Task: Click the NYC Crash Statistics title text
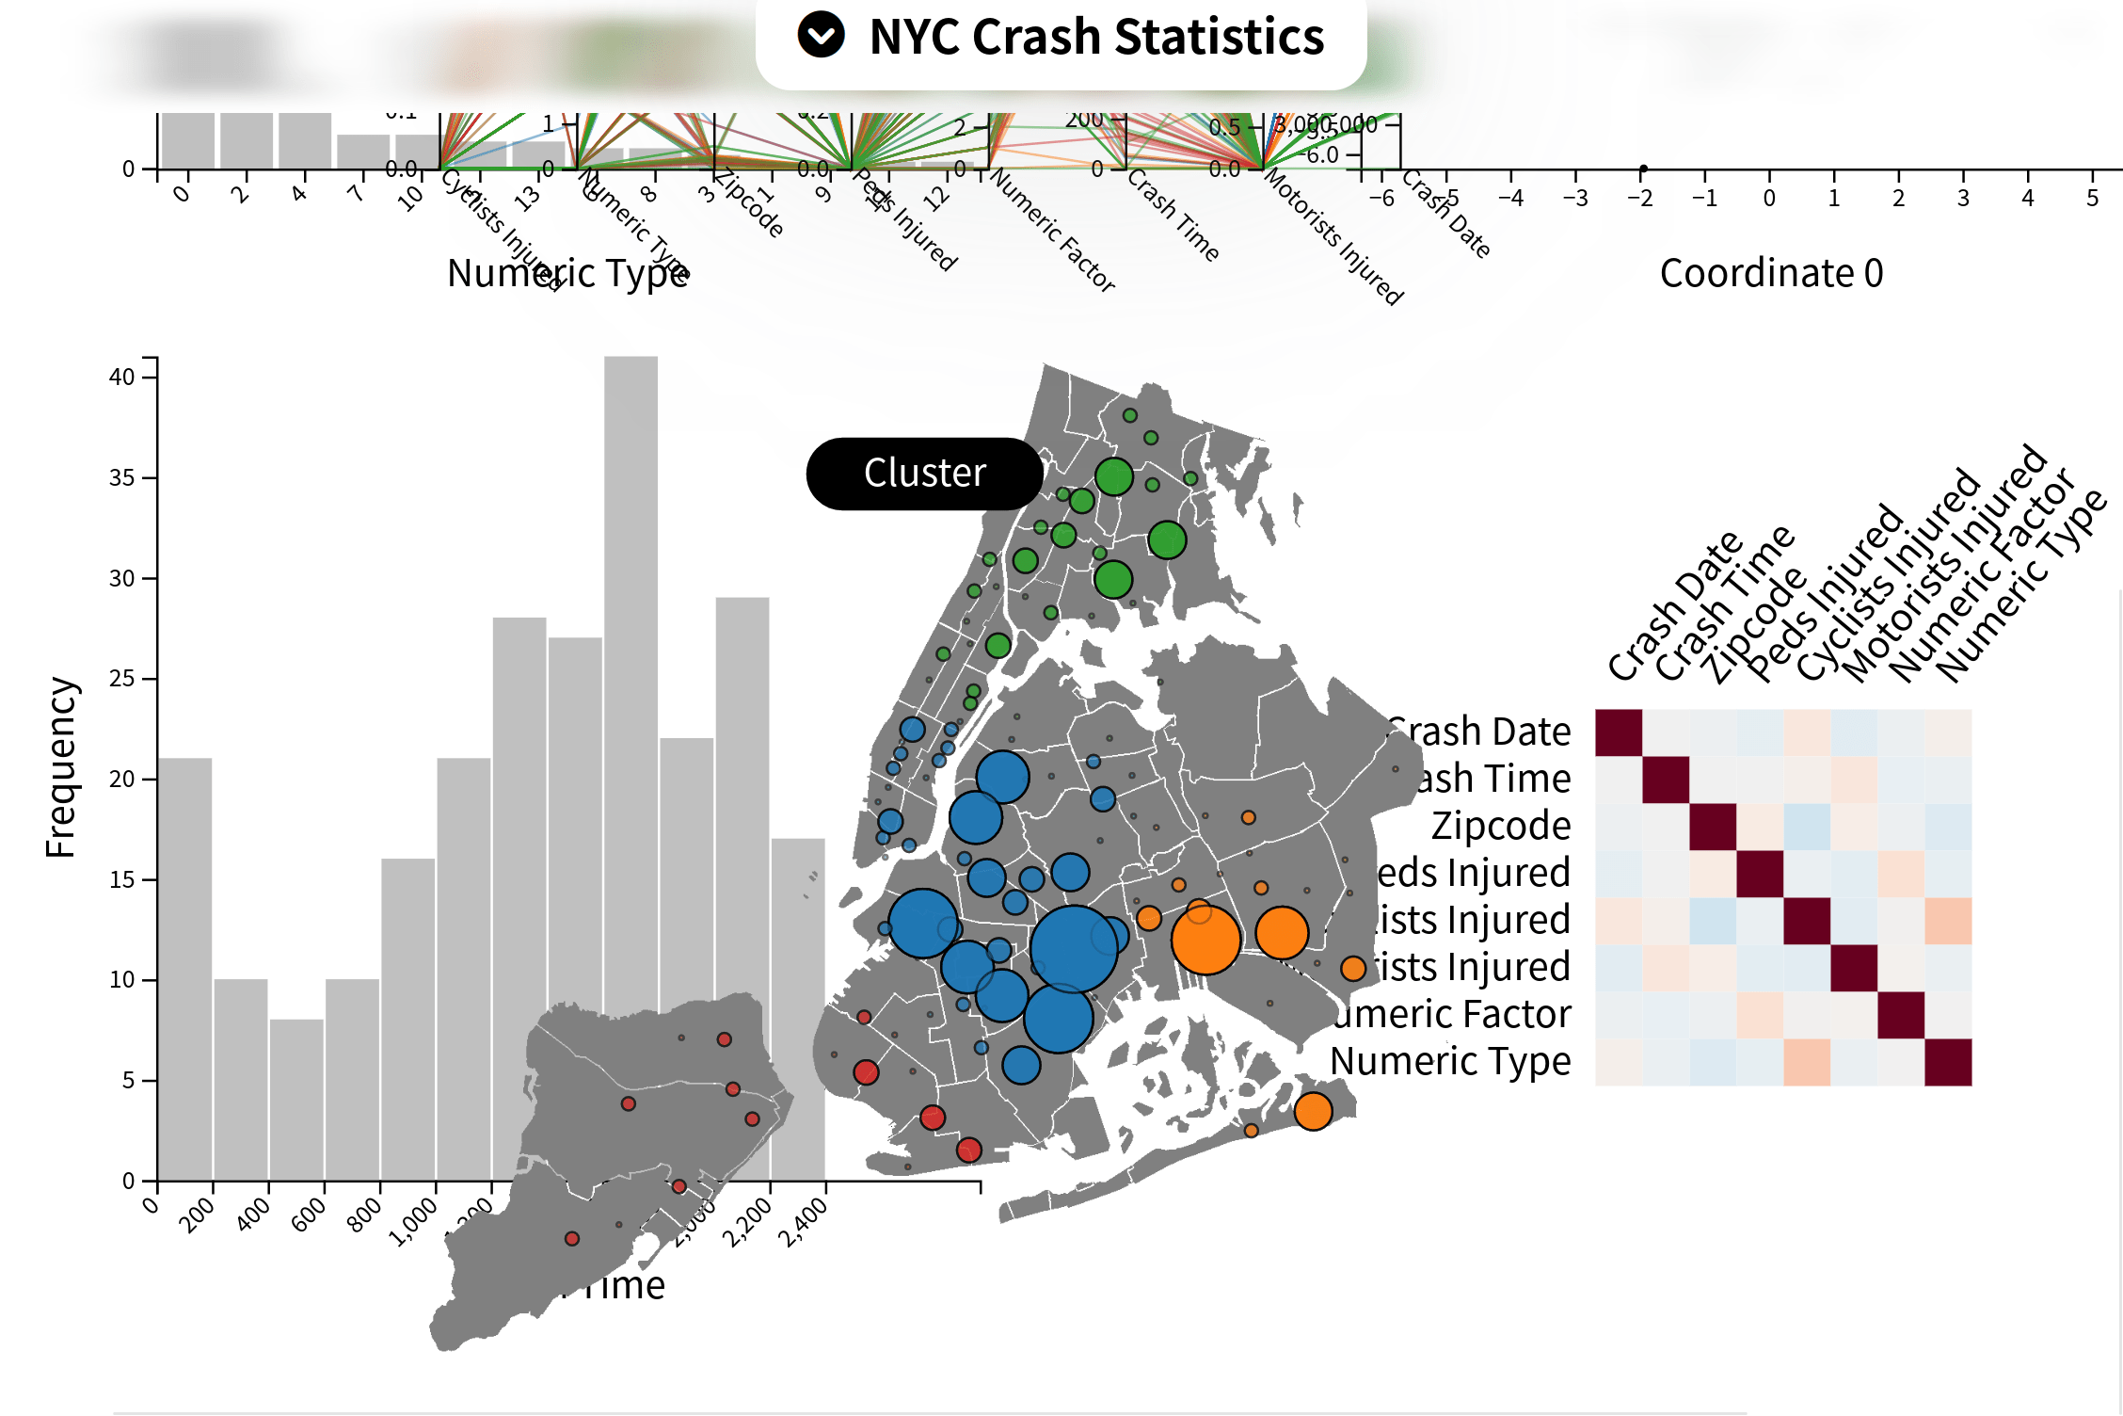(x=1096, y=38)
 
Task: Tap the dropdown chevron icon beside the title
(x=821, y=35)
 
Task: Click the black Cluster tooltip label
(x=924, y=473)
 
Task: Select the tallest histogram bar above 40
(x=631, y=659)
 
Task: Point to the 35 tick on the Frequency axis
(x=123, y=477)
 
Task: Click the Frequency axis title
(x=60, y=766)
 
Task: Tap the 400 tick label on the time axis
(x=254, y=1215)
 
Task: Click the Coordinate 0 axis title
(x=1771, y=273)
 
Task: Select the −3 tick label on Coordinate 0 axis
(x=1575, y=198)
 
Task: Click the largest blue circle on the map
(x=1074, y=949)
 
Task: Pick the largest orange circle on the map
(x=1205, y=940)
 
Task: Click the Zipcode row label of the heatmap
(x=1501, y=826)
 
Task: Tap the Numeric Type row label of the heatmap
(x=1450, y=1061)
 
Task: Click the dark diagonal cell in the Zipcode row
(x=1713, y=827)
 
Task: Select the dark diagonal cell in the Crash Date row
(x=1619, y=732)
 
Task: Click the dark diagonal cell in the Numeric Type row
(x=1948, y=1062)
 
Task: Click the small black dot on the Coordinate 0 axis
(x=1643, y=169)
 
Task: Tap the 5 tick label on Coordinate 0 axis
(x=2092, y=198)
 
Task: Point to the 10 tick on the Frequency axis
(x=123, y=979)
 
